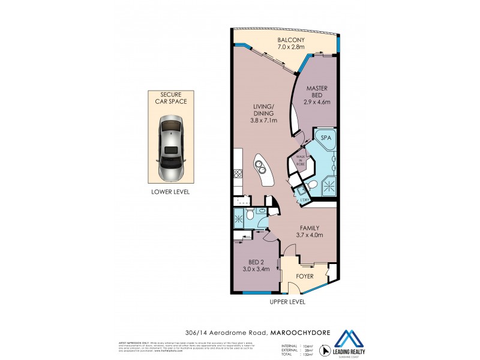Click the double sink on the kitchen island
[x=260, y=165]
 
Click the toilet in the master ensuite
[x=313, y=184]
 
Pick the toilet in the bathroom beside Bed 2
[x=250, y=215]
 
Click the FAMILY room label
[x=309, y=228]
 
